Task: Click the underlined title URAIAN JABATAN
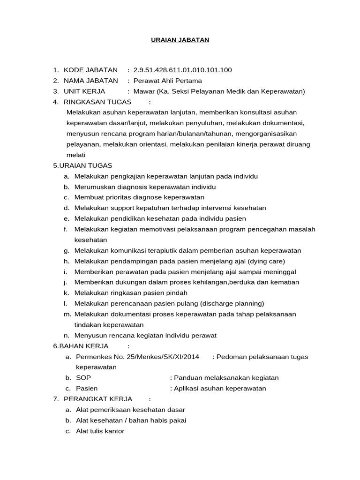coord(180,40)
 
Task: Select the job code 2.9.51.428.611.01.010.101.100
coord(183,70)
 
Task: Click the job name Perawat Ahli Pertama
coord(161,81)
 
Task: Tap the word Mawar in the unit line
coord(144,91)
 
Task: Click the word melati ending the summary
coord(76,155)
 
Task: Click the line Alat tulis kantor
coord(100,431)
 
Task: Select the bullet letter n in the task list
coord(66,335)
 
